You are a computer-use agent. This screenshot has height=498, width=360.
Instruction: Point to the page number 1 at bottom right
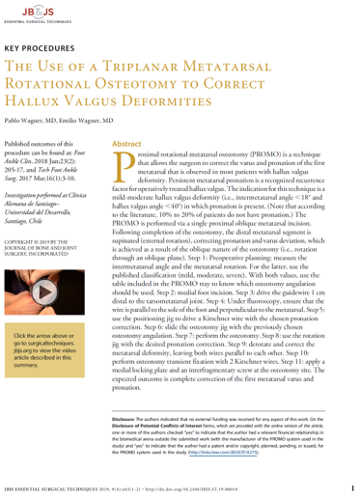pyautogui.click(x=354, y=488)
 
